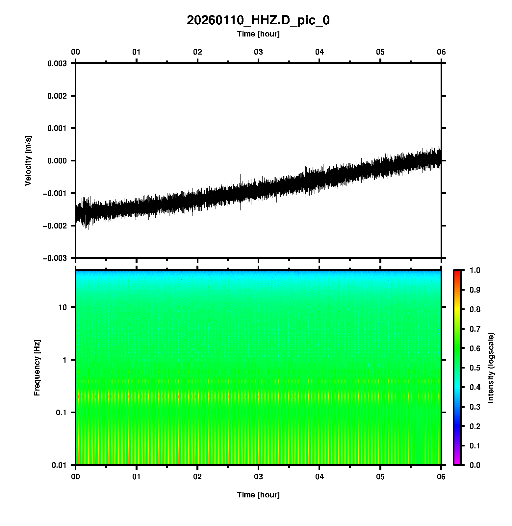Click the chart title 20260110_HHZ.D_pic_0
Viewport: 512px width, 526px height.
258,20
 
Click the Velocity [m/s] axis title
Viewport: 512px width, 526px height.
28,160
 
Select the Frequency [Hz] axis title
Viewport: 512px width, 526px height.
37,368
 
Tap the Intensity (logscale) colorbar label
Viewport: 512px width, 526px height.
491,368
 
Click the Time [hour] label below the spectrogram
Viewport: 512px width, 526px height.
258,495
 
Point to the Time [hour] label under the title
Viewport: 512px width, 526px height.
258,34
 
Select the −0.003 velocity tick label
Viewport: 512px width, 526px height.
55,258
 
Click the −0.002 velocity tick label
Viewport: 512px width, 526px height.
55,226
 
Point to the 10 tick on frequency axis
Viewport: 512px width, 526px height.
63,307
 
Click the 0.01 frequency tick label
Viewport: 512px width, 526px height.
59,465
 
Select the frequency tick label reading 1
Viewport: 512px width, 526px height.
64,360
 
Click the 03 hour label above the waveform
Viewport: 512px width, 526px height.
258,52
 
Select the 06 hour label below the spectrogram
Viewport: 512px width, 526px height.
441,477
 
